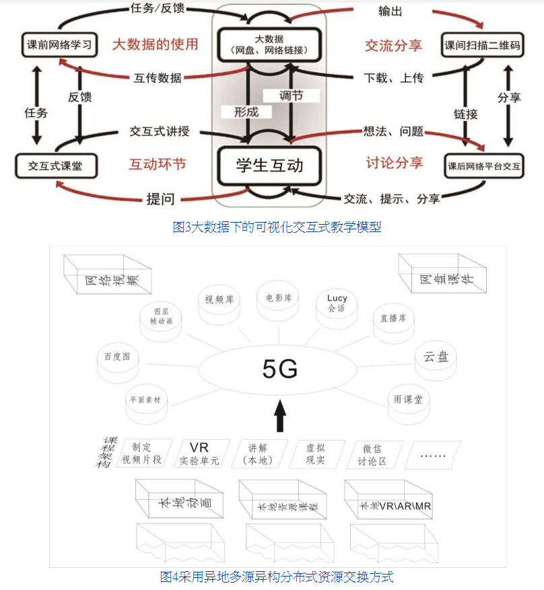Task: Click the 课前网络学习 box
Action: [x=57, y=45]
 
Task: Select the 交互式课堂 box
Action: [x=56, y=165]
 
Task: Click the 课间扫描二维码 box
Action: [x=483, y=46]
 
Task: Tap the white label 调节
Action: [x=291, y=96]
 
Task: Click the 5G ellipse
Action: [x=279, y=369]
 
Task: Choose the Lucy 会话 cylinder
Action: [x=337, y=305]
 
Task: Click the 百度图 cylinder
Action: [x=117, y=357]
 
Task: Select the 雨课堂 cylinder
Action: [x=408, y=400]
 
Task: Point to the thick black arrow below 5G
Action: [x=280, y=416]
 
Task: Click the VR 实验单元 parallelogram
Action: [x=199, y=454]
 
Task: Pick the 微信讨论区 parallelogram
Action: [x=372, y=455]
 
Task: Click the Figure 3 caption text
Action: [x=277, y=227]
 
